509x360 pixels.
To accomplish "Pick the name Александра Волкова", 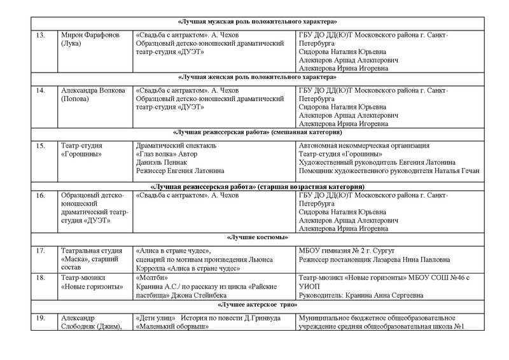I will pyautogui.click(x=91, y=91).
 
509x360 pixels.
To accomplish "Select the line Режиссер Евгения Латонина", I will pyautogui.click(x=181, y=170).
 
